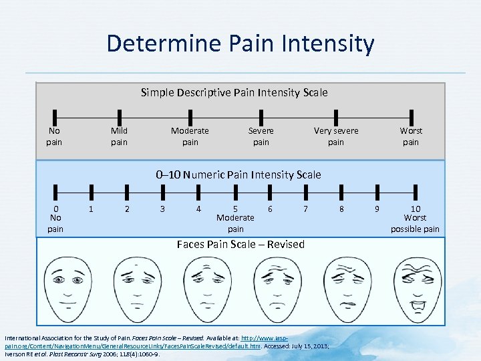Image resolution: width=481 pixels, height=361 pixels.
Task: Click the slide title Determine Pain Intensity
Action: pos(240,44)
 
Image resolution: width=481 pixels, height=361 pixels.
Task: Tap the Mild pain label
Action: pos(119,136)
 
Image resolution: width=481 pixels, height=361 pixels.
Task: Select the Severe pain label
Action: pos(261,136)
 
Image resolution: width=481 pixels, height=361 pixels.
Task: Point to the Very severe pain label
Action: pos(336,136)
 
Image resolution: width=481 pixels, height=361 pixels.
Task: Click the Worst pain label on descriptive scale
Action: pos(411,136)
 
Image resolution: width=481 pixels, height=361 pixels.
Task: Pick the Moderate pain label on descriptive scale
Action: pos(190,136)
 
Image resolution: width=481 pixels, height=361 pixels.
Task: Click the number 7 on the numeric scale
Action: pos(305,209)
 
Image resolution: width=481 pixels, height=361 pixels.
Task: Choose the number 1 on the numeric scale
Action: pos(91,209)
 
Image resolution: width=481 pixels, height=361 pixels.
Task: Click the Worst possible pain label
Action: pos(415,223)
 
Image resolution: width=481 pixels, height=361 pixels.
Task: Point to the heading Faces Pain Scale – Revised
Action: pos(240,245)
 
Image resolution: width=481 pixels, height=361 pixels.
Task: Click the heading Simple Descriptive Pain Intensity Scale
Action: pos(234,92)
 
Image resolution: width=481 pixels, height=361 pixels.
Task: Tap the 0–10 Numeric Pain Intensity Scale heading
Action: pos(238,175)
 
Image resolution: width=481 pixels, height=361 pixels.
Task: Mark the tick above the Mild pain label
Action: pos(119,116)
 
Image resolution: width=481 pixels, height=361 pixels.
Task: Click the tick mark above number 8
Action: pos(341,195)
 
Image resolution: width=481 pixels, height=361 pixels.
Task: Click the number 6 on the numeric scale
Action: pos(270,209)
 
